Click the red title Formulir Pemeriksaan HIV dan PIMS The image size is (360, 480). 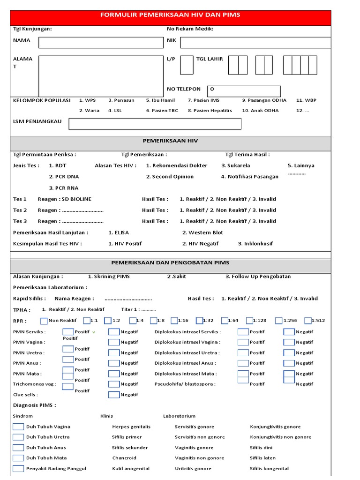pyautogui.click(x=170, y=15)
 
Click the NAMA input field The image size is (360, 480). pyautogui.click(x=101, y=43)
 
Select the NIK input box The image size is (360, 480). pyautogui.click(x=255, y=43)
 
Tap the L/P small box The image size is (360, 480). pyautogui.click(x=187, y=65)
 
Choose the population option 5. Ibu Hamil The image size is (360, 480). pyautogui.click(x=160, y=100)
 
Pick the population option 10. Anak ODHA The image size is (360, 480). pyautogui.click(x=260, y=111)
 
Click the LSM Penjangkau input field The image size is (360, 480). pyautogui.click(x=155, y=124)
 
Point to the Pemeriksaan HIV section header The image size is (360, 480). pyautogui.click(x=170, y=141)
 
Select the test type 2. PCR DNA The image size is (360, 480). pyautogui.click(x=64, y=177)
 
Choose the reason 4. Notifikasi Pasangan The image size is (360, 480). pyautogui.click(x=249, y=177)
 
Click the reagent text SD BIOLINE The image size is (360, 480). pyautogui.click(x=77, y=199)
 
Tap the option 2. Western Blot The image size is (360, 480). pyautogui.click(x=202, y=232)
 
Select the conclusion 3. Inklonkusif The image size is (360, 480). pyautogui.click(x=255, y=244)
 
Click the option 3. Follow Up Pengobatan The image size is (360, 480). pyautogui.click(x=258, y=277)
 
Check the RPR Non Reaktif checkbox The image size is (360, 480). pyautogui.click(x=44, y=321)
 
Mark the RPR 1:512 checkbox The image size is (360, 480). pyautogui.click(x=308, y=321)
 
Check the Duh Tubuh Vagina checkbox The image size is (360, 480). pyautogui.click(x=18, y=427)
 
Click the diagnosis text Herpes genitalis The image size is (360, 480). pyautogui.click(x=131, y=427)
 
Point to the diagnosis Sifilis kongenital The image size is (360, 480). pyautogui.click(x=269, y=469)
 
